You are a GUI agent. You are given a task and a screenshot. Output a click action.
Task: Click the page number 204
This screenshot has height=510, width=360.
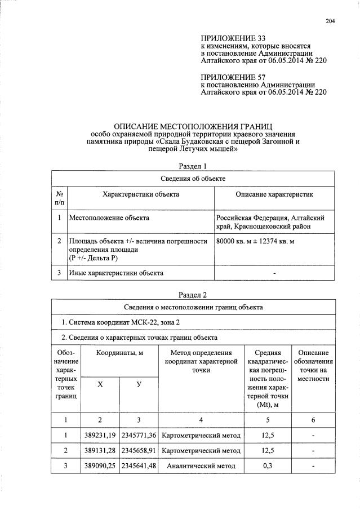(330, 21)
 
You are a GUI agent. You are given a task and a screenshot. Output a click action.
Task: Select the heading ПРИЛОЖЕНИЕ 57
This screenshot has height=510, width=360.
(233, 77)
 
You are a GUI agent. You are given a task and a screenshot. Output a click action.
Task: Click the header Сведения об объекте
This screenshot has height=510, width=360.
(193, 179)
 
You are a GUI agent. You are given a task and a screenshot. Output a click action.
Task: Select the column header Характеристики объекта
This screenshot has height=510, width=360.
(141, 194)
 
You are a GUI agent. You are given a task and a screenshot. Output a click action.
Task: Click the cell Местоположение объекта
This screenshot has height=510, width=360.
(109, 217)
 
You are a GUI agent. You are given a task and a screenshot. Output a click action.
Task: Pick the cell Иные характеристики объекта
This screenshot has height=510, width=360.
(116, 273)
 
